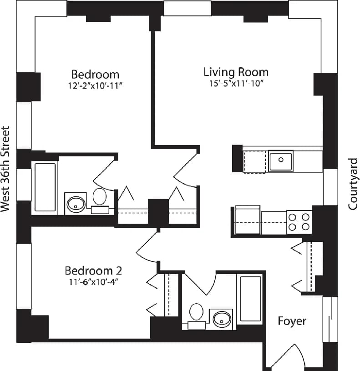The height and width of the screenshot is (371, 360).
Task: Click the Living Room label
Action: point(236,72)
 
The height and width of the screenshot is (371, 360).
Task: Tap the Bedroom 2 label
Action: point(93,271)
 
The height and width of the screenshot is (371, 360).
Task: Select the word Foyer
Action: point(292,321)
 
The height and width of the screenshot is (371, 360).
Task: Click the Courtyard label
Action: point(353,184)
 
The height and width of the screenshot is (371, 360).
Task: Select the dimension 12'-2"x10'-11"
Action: point(95,86)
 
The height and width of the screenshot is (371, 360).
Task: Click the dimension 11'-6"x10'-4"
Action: point(93,282)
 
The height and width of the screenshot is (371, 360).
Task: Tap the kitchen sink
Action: point(281,160)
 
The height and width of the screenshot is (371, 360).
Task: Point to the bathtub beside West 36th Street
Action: point(45,187)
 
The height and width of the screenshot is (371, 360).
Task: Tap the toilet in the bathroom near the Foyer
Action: point(197,312)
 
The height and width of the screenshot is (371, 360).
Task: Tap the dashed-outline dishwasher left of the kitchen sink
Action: point(254,162)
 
